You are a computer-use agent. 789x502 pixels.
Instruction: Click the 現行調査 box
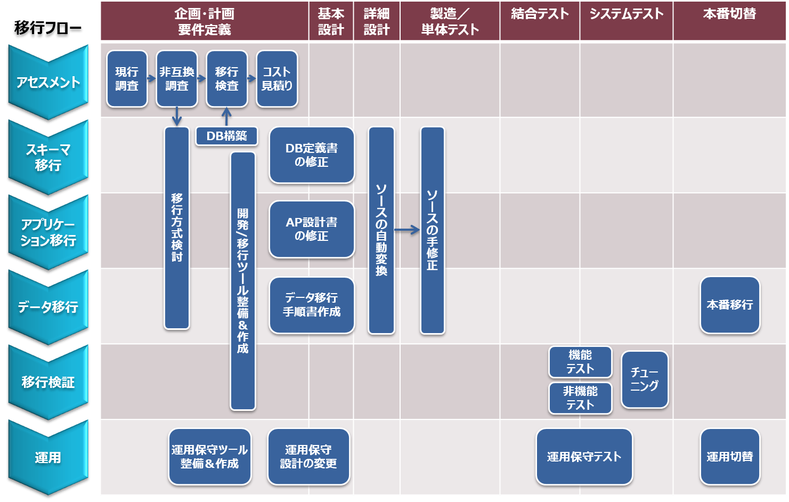coord(127,79)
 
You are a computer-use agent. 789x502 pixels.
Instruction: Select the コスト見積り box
coord(276,79)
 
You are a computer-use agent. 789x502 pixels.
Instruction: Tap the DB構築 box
coord(226,136)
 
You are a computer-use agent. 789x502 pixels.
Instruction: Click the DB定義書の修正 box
coord(312,155)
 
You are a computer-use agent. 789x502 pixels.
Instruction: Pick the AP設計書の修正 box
coord(312,229)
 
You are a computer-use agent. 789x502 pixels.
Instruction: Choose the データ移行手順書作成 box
coord(312,305)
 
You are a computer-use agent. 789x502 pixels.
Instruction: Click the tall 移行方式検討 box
coord(177,228)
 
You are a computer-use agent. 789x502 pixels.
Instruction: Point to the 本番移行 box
coord(729,305)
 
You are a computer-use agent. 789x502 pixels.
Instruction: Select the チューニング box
coord(644,379)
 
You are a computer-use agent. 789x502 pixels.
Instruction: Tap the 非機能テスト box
coord(580,398)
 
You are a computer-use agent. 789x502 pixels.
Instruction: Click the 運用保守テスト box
coord(584,457)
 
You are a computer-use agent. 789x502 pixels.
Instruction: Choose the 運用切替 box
coord(729,457)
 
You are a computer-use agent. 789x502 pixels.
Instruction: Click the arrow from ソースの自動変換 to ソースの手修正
coord(407,230)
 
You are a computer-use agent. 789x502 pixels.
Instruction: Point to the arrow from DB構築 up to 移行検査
coord(226,117)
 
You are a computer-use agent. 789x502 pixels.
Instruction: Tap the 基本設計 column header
coord(331,21)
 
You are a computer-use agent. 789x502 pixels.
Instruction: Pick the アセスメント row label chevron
coord(48,82)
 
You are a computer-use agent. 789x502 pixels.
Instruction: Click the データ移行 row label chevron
coord(48,307)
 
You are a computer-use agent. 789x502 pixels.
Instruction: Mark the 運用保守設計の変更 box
coord(308,457)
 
